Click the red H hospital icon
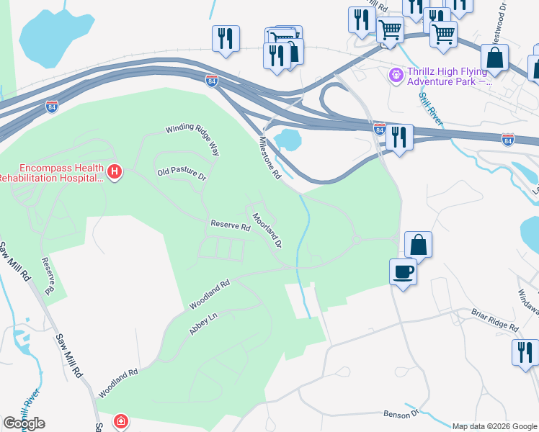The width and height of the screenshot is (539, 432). pyautogui.click(x=115, y=171)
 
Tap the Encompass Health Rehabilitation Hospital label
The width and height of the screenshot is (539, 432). pyautogui.click(x=52, y=171)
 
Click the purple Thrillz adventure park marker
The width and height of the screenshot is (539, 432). pyautogui.click(x=395, y=74)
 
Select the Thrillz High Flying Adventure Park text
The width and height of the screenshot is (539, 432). pyautogui.click(x=450, y=76)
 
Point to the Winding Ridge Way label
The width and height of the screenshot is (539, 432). pyautogui.click(x=192, y=138)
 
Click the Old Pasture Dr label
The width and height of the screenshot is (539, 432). pyautogui.click(x=182, y=174)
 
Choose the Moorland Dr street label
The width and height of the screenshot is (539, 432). pyautogui.click(x=267, y=230)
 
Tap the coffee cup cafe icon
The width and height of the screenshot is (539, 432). pyautogui.click(x=403, y=273)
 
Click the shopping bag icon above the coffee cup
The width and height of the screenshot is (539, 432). pyautogui.click(x=418, y=246)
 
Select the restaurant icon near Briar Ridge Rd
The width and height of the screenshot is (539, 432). pyautogui.click(x=525, y=353)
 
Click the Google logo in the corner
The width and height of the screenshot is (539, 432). pyautogui.click(x=24, y=423)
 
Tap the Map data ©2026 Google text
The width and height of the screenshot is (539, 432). pyautogui.click(x=494, y=426)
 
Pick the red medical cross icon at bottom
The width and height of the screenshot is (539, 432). pyautogui.click(x=122, y=420)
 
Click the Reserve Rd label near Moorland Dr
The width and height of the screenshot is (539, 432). pyautogui.click(x=229, y=225)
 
